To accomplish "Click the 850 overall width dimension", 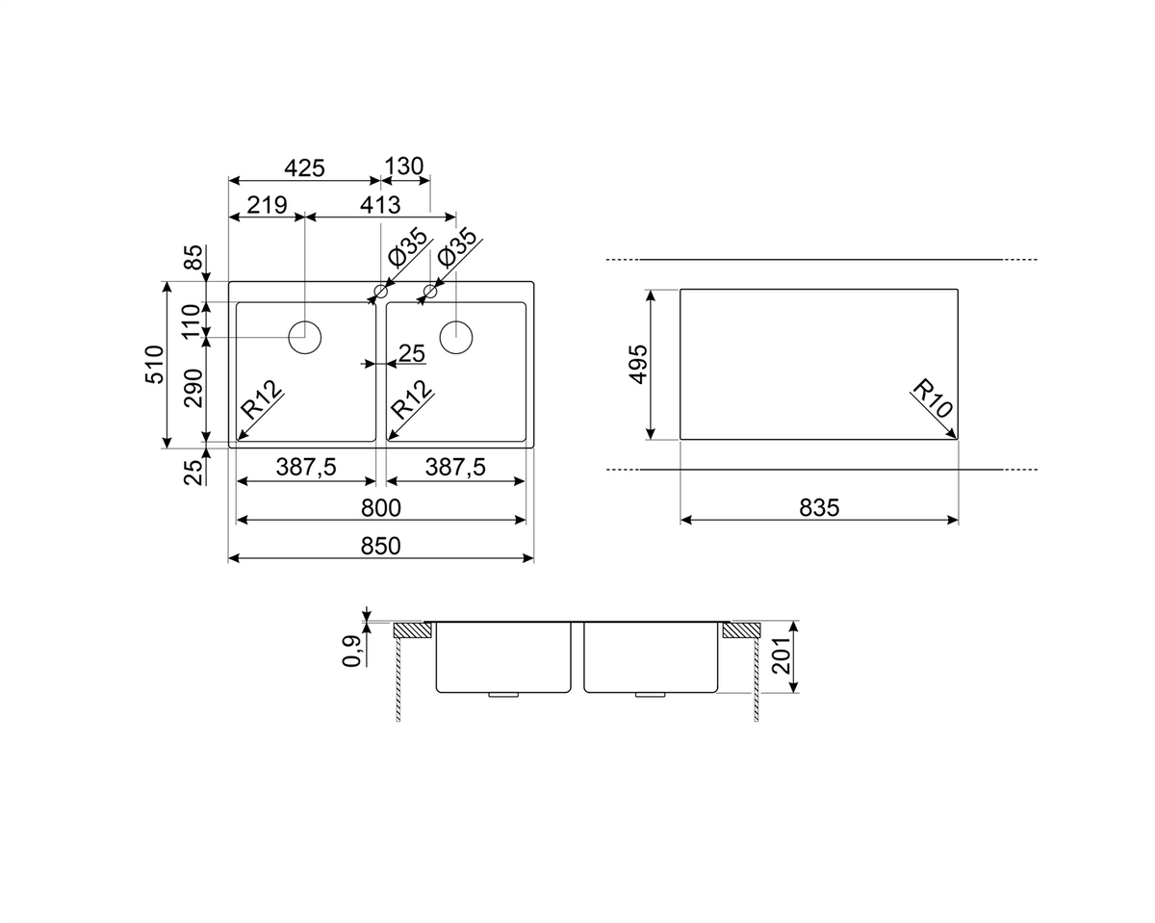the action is click(x=380, y=547).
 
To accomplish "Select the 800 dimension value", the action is click(x=380, y=507).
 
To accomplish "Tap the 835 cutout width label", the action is click(x=819, y=507).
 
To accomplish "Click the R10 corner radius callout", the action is click(x=933, y=398).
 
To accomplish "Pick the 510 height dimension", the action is click(x=155, y=365).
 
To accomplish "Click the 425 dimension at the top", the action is click(x=304, y=168).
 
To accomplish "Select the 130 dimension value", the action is click(x=403, y=167).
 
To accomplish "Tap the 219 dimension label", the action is click(x=267, y=205).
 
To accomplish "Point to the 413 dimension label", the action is click(x=380, y=205).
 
